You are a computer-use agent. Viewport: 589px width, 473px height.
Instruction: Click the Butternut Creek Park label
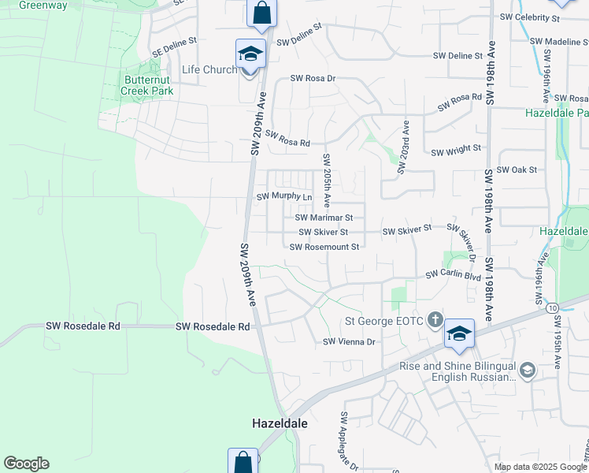coord(147,84)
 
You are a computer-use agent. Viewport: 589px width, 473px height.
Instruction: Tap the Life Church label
coord(209,69)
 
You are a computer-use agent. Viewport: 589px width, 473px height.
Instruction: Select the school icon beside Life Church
coord(251,54)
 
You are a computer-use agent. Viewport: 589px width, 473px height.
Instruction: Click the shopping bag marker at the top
coord(261,13)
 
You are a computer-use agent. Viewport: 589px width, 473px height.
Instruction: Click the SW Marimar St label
coord(329,217)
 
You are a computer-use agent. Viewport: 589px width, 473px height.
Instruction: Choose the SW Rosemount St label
coord(324,247)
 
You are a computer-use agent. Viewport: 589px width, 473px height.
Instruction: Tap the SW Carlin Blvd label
coord(453,275)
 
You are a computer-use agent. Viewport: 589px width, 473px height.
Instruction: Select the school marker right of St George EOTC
coord(459,334)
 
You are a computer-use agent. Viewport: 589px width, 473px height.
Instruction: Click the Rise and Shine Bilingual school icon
coord(528,369)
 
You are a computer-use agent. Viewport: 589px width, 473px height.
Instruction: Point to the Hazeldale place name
coord(280,423)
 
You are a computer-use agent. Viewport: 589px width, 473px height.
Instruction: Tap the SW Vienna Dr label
coord(351,341)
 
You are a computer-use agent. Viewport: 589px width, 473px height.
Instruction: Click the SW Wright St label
coord(456,148)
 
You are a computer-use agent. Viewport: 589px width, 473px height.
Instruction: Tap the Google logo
coord(26,464)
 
